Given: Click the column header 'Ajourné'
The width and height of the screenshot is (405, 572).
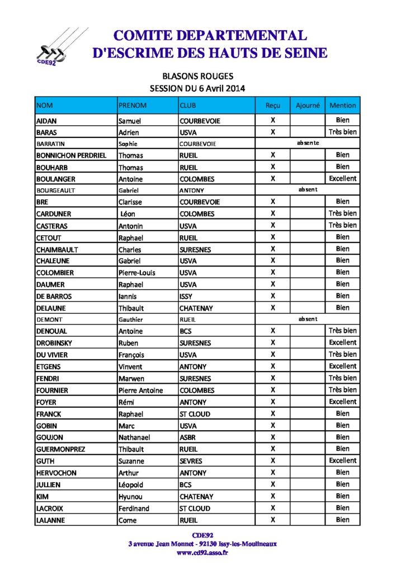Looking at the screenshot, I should [307, 105].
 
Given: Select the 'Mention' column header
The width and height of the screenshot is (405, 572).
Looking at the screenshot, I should [342, 105].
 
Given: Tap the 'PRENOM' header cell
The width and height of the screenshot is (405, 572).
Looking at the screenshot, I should [133, 105].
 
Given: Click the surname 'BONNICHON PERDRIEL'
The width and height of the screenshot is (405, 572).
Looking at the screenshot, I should [71, 155].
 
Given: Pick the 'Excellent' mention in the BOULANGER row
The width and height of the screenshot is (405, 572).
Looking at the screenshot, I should [342, 179].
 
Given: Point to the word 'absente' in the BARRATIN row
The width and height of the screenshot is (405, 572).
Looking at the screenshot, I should [308, 143].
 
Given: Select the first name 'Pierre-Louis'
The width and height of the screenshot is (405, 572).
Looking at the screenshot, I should [137, 273].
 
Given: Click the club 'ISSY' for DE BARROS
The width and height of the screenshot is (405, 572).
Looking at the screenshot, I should [187, 296].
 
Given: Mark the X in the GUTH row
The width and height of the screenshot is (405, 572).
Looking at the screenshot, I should [273, 461].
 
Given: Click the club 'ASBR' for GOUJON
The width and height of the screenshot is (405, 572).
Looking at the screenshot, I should [188, 437].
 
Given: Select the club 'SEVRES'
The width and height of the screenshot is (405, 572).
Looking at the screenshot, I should [191, 461].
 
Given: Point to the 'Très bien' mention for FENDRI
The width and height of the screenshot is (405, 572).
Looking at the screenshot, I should [342, 378].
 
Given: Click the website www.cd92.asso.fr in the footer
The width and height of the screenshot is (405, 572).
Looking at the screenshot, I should [202, 552].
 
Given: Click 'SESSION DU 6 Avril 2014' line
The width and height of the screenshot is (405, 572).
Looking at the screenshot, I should [197, 88].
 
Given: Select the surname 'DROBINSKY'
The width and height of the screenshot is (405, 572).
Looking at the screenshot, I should [54, 343].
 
